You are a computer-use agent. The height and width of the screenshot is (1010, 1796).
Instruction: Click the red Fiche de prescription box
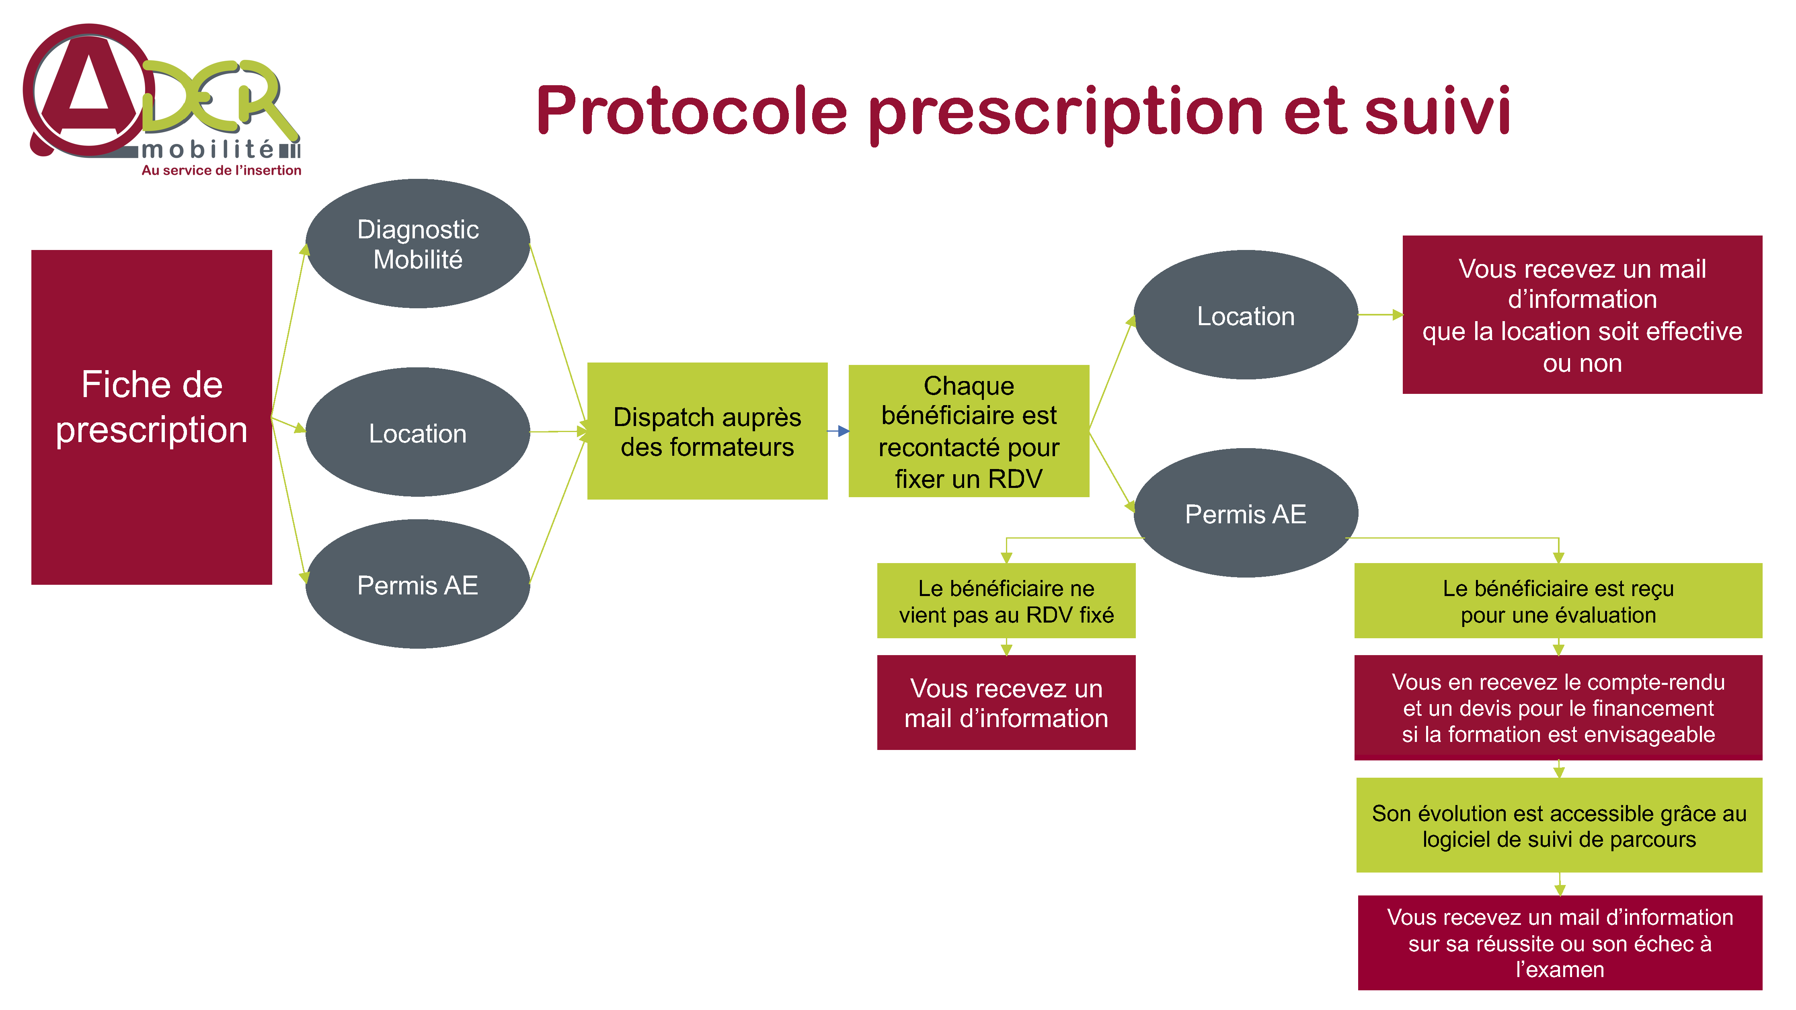pos(151,417)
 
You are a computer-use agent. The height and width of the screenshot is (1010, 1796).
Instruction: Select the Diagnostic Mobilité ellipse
pos(418,243)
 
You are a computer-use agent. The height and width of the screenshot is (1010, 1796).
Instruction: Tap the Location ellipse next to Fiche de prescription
pos(418,432)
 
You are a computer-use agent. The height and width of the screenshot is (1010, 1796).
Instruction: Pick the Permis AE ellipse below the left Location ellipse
pos(418,584)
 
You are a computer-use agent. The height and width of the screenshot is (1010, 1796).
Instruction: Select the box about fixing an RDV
pos(969,431)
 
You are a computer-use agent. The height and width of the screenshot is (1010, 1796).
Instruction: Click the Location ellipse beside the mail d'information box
pos(1246,315)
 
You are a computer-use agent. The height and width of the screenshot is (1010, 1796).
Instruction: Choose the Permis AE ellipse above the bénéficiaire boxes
pos(1246,513)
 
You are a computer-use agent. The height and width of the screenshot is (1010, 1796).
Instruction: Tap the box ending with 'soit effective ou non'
pos(1582,314)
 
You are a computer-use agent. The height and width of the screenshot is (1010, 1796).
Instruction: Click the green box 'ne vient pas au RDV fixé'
pos(1006,601)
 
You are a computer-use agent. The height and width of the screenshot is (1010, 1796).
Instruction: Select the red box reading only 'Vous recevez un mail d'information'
pos(1006,703)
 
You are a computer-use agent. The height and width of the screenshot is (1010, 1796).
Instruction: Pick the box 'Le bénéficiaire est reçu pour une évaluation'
pos(1558,601)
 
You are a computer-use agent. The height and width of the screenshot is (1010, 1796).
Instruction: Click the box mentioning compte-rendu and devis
pos(1558,707)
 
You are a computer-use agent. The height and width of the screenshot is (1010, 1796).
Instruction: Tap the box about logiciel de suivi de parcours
pos(1559,825)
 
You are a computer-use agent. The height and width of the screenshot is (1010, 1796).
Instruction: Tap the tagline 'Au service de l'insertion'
pos(221,170)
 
